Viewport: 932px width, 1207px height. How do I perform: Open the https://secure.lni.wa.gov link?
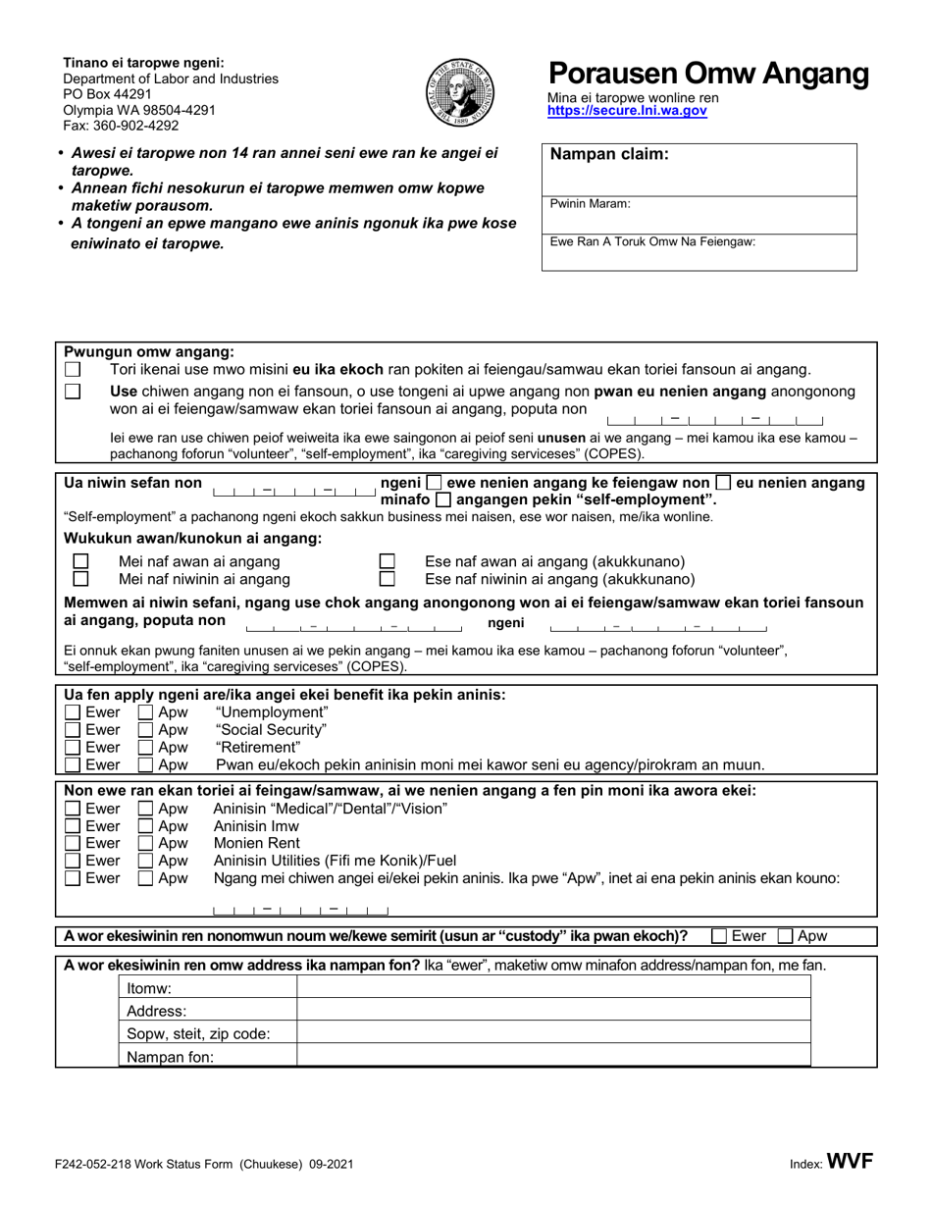(626, 112)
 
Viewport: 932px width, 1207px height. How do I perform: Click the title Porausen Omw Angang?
(707, 74)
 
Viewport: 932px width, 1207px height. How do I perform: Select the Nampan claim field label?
(609, 154)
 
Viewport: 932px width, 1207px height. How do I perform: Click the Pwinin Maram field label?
(590, 204)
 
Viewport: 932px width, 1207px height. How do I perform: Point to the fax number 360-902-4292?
(122, 125)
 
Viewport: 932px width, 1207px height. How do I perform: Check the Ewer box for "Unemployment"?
(73, 712)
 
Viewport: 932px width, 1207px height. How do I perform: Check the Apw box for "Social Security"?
(145, 730)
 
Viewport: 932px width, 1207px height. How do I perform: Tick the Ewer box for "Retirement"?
(73, 748)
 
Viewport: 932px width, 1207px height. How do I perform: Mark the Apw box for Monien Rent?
(145, 843)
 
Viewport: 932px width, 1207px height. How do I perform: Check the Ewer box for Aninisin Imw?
(73, 825)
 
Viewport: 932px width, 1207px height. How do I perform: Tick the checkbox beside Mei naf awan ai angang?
(81, 562)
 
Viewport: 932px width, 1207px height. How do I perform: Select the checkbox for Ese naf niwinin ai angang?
(387, 580)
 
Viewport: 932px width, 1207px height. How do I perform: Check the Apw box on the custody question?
(785, 936)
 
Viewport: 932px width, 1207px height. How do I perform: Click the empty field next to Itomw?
(553, 988)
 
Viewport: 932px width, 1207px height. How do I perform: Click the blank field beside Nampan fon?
(553, 1056)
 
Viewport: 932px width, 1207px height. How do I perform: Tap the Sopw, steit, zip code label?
(198, 1033)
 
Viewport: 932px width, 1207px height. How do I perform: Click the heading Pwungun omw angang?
(149, 351)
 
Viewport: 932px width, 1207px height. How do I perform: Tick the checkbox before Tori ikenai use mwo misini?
(73, 370)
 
